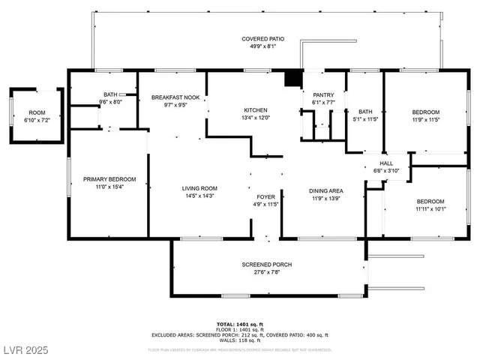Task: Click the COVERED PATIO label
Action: click(x=262, y=39)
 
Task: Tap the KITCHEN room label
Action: click(x=240, y=110)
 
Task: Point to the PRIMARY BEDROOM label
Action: click(x=109, y=179)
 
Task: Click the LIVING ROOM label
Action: click(x=199, y=188)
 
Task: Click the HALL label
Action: click(x=386, y=163)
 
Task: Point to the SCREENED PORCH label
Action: click(x=266, y=265)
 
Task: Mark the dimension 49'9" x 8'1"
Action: click(x=262, y=46)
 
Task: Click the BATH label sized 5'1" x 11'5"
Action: click(x=365, y=112)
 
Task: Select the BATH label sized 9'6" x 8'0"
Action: click(x=111, y=95)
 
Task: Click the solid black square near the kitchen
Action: click(x=293, y=78)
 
